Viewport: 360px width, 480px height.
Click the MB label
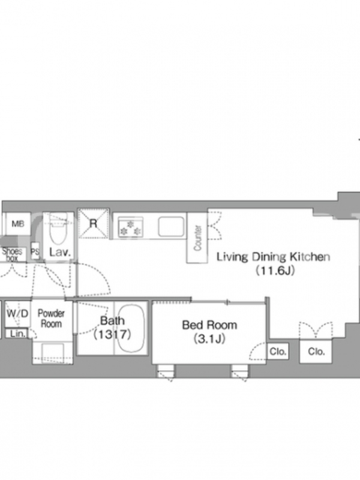coord(18,224)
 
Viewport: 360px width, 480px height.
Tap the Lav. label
coord(60,252)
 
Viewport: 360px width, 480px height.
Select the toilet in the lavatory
coord(58,229)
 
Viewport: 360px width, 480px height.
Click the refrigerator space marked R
coord(94,223)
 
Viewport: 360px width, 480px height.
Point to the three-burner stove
coord(131,227)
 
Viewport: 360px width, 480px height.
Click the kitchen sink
coord(171,227)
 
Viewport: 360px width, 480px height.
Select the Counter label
coord(198,238)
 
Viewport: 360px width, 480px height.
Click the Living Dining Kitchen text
coord(274,257)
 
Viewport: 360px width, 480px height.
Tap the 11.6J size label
coord(275,270)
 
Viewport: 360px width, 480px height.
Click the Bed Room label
coord(209,325)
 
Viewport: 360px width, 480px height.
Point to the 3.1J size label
coord(209,338)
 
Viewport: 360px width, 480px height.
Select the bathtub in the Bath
coord(131,328)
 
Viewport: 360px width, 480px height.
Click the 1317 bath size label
coord(112,334)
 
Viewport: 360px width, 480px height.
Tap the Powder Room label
coord(51,319)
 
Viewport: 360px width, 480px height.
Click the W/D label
coord(17,313)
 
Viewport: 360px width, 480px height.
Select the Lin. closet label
coord(17,334)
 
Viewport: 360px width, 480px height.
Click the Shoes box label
coord(12,254)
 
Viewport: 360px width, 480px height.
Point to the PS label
coord(35,251)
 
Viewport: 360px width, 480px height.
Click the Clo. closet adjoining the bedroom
coord(278,352)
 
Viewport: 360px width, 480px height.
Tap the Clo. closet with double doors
coord(316,351)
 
